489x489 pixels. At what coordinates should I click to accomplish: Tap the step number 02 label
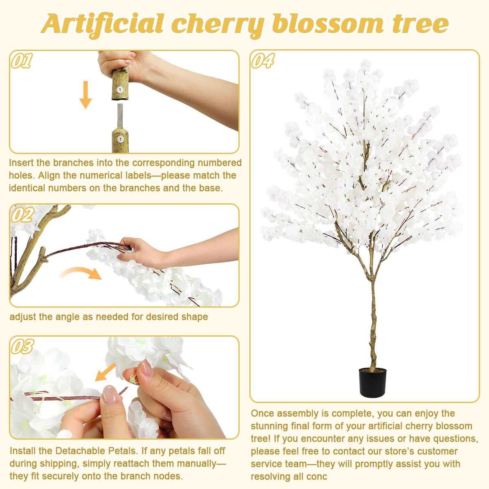click(x=22, y=215)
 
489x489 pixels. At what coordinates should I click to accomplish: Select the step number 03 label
click(x=22, y=346)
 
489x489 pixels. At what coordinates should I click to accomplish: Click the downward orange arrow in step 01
click(x=85, y=95)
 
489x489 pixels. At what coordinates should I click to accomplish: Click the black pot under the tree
click(x=372, y=381)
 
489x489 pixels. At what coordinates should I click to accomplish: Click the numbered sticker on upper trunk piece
click(x=121, y=88)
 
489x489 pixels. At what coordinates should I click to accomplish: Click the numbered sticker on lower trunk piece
click(x=121, y=139)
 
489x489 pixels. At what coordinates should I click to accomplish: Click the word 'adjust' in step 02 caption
click(x=22, y=317)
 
